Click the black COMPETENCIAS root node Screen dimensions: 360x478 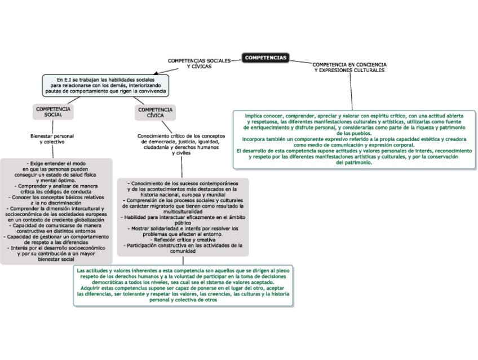point(266,58)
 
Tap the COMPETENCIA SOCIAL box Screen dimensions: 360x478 point(53,111)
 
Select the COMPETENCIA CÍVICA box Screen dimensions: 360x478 point(156,112)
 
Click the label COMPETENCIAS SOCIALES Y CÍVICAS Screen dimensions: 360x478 point(199,63)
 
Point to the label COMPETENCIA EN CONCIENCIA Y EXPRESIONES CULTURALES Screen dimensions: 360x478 point(349,68)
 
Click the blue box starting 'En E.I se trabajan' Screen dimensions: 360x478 point(105,85)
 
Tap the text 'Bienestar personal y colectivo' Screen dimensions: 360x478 point(52,139)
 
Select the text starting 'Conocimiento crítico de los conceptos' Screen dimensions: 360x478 point(182,144)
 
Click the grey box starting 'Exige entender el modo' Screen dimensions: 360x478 point(56,211)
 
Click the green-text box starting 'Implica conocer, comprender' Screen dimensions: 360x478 point(354,139)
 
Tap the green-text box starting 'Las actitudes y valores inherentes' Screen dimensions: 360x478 point(183,286)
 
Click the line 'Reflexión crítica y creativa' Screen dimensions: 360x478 point(183,240)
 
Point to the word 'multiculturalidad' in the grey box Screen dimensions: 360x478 point(183,212)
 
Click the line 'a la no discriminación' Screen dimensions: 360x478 point(56,203)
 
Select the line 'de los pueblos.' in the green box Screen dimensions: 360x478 point(354,133)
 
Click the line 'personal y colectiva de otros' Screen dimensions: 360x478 point(183,300)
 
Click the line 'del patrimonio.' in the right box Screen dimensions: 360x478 point(354,163)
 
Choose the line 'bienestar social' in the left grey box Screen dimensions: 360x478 point(56,260)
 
